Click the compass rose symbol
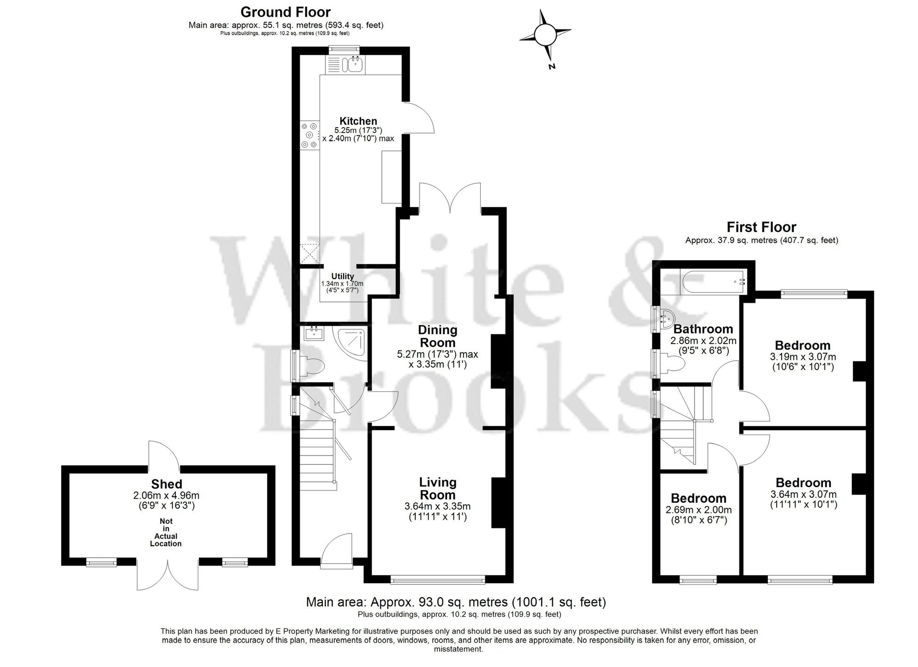pyautogui.click(x=545, y=35)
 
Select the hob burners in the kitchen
pyautogui.click(x=309, y=135)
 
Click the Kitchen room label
pyautogui.click(x=358, y=121)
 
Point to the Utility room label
pyautogui.click(x=342, y=276)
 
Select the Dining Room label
pyautogui.click(x=437, y=336)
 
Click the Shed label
pyautogui.click(x=167, y=484)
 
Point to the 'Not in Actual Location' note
pyautogui.click(x=166, y=533)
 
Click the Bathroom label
pyautogui.click(x=703, y=329)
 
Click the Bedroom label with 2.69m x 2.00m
pyautogui.click(x=698, y=498)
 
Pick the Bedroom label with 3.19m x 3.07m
pyautogui.click(x=802, y=345)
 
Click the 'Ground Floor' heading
pyautogui.click(x=285, y=11)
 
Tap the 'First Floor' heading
pyautogui.click(x=761, y=227)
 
